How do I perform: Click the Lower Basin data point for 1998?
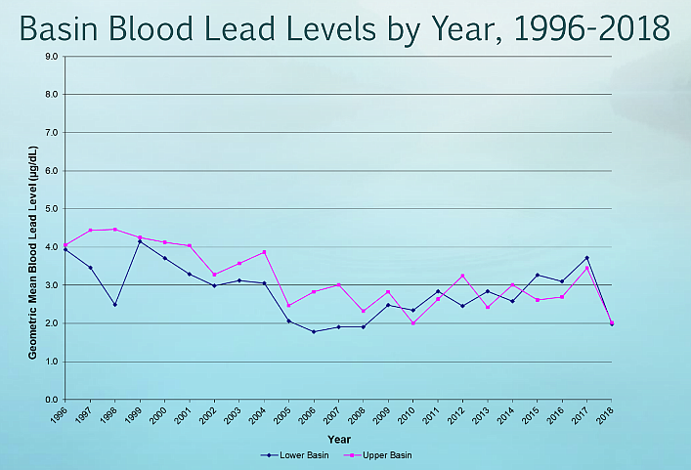(x=114, y=304)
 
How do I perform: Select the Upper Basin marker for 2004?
(x=264, y=252)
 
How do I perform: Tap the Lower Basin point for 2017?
(x=586, y=258)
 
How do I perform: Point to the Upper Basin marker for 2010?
(x=412, y=322)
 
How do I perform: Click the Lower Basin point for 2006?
(x=313, y=331)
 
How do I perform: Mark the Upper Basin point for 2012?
(x=462, y=276)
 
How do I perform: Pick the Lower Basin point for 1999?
(x=140, y=241)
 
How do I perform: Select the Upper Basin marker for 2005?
(x=288, y=306)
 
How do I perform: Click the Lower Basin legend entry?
(x=288, y=455)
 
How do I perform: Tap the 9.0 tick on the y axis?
(x=52, y=57)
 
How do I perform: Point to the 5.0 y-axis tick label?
(x=52, y=209)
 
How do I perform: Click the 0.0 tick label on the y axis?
(x=52, y=400)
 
